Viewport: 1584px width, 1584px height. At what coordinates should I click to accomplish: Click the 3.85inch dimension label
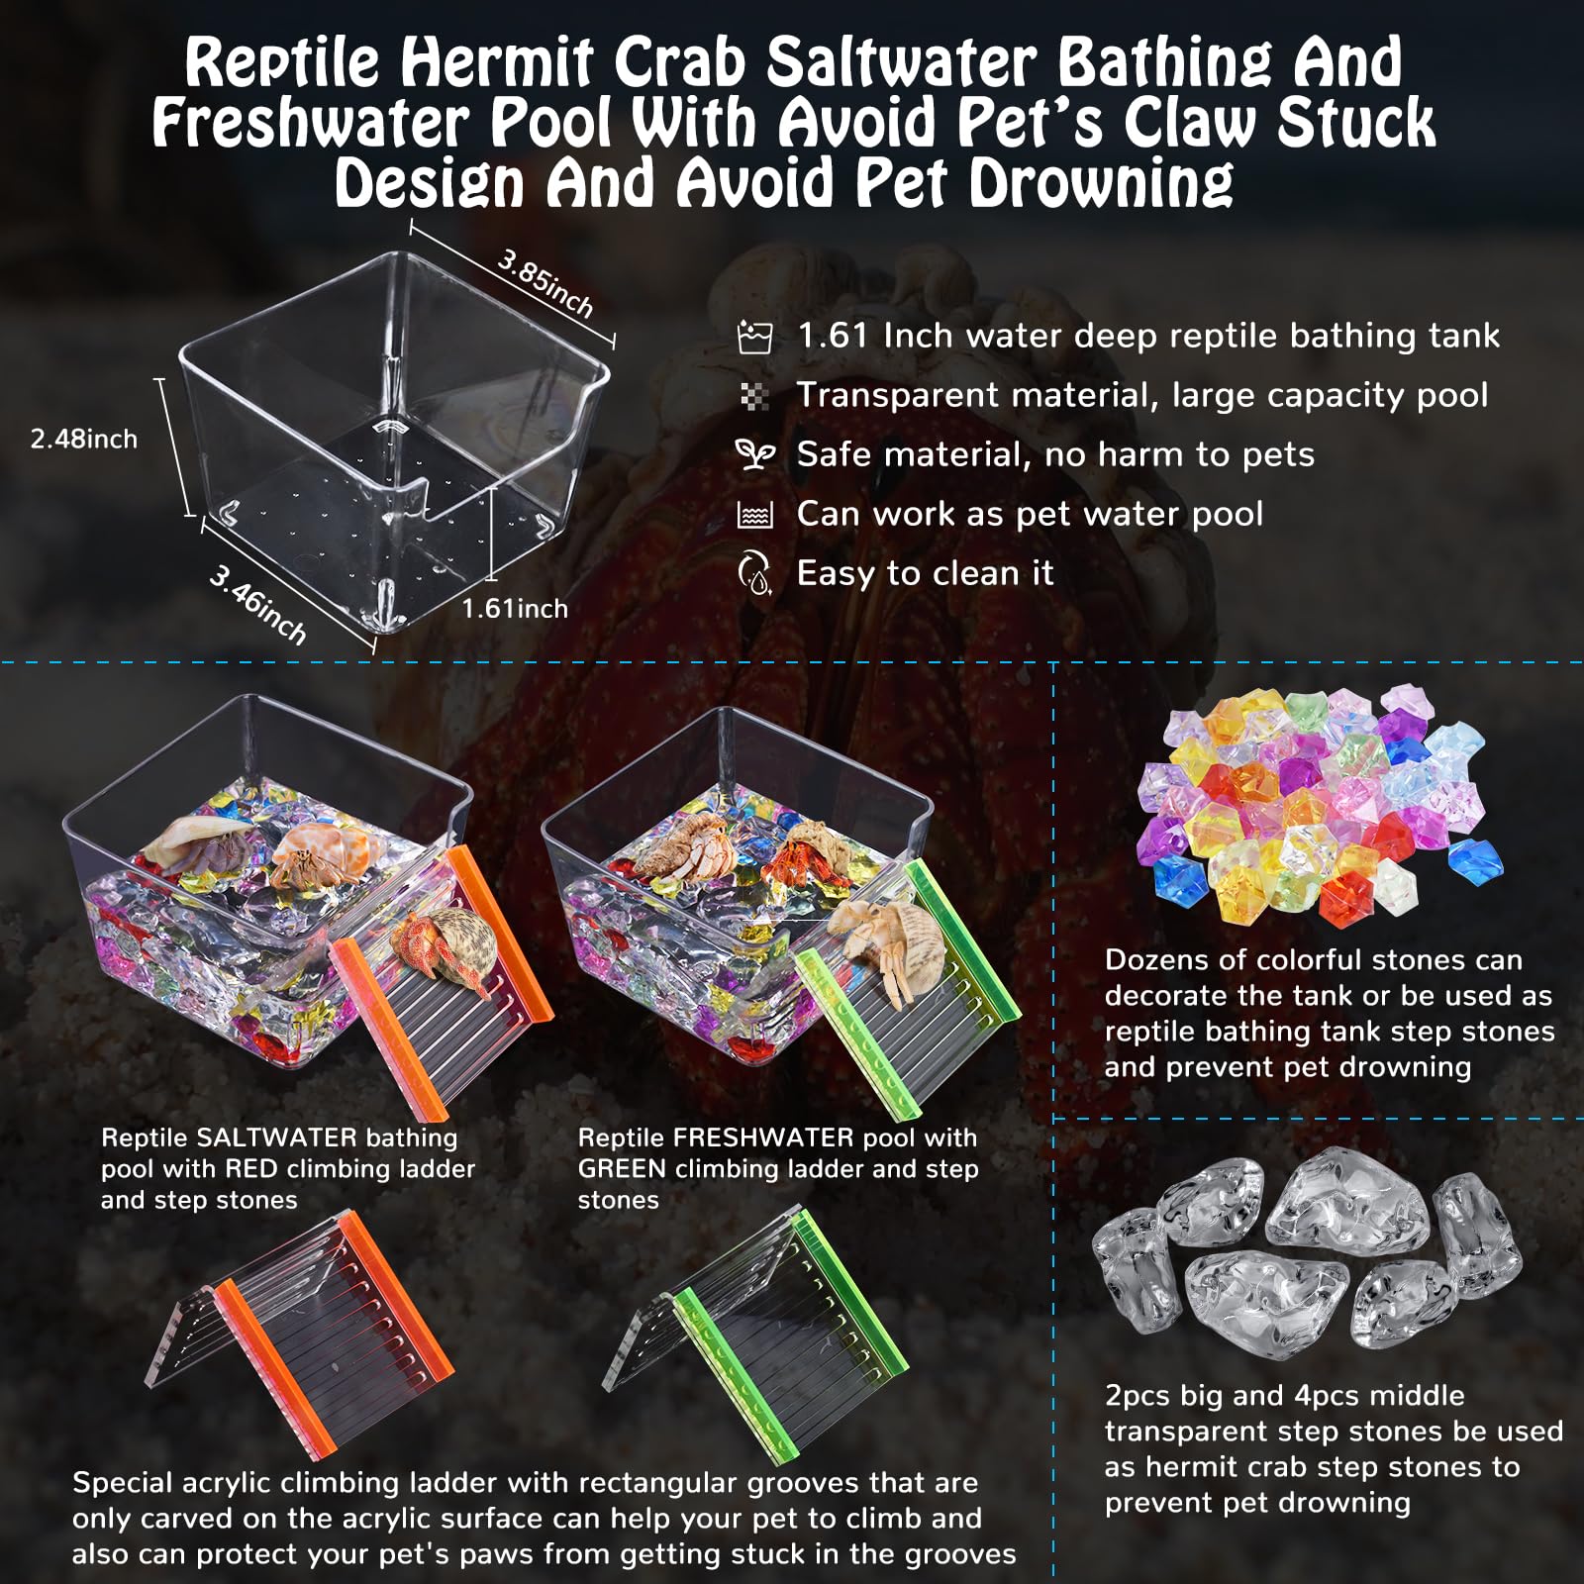[545, 283]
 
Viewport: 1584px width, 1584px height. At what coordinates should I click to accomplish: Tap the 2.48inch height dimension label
[84, 439]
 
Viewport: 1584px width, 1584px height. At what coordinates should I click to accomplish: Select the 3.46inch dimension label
[257, 604]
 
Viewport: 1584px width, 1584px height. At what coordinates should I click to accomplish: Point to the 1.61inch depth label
[515, 608]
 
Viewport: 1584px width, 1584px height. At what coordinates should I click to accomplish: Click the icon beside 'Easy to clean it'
[754, 573]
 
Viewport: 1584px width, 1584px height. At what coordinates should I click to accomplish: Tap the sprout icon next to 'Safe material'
[754, 454]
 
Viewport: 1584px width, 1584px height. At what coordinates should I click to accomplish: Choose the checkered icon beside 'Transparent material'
[754, 396]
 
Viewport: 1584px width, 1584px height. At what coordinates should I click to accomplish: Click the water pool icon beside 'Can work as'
[754, 515]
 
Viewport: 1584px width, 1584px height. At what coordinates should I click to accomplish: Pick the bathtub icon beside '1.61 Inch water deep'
[754, 337]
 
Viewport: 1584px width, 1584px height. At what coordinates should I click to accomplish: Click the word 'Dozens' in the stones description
[1154, 959]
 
